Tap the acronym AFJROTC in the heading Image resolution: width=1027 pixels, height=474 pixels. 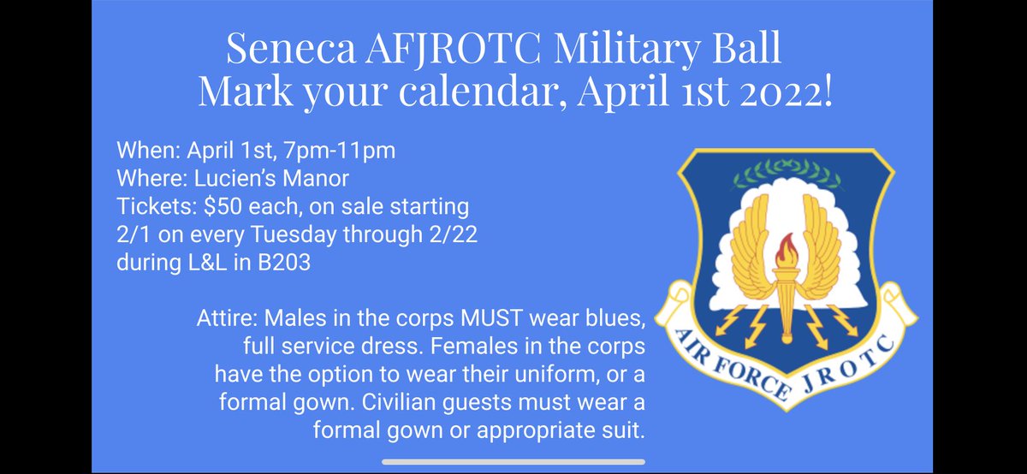[x=444, y=50]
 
